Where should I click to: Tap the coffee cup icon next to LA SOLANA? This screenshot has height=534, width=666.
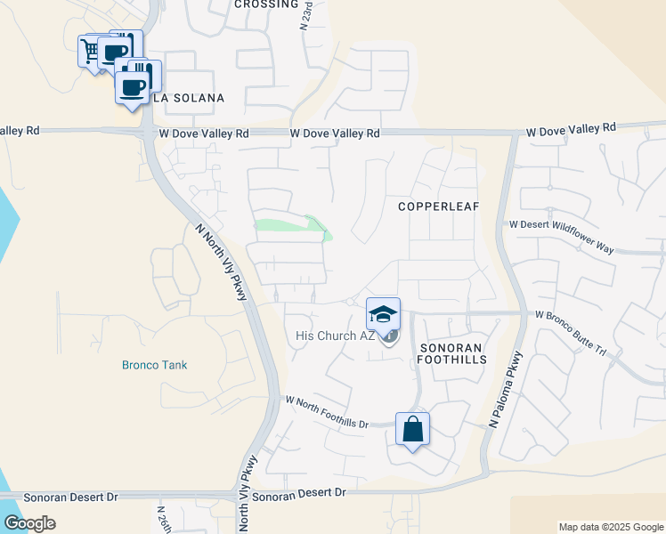[x=133, y=87]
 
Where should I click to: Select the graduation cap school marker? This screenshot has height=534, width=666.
[x=383, y=314]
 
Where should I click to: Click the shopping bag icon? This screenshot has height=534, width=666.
[x=412, y=429]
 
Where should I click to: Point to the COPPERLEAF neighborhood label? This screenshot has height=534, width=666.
[x=438, y=206]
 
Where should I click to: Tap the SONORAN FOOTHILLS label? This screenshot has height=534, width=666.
[x=452, y=352]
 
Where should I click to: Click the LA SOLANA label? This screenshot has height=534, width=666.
[x=188, y=97]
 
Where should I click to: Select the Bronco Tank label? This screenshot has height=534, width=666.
[x=155, y=365]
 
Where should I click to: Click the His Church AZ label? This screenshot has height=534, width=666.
[x=335, y=336]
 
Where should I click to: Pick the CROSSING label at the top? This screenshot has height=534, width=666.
[x=266, y=4]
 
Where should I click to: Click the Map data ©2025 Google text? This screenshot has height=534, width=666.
[x=610, y=527]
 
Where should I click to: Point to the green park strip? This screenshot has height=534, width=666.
[x=290, y=224]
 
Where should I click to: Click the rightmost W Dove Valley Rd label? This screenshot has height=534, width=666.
[x=571, y=128]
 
